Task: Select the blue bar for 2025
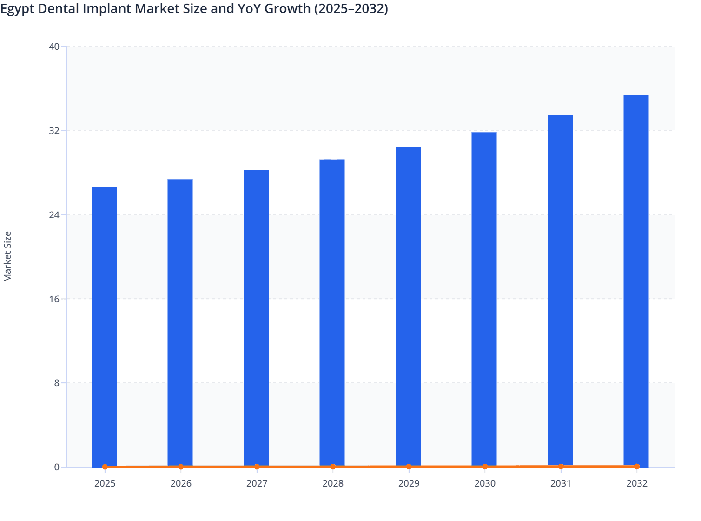click(x=104, y=326)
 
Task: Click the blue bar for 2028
click(x=332, y=312)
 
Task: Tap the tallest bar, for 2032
click(x=636, y=279)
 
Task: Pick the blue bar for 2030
click(x=484, y=298)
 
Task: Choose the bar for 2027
click(x=256, y=316)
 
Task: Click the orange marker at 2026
click(x=181, y=467)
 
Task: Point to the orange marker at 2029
click(x=409, y=467)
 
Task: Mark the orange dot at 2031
click(x=561, y=466)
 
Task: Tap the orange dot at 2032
click(x=636, y=466)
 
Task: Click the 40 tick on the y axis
click(x=54, y=47)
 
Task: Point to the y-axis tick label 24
click(x=54, y=215)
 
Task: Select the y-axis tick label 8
click(x=57, y=383)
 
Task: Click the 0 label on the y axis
click(x=57, y=467)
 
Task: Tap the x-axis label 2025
click(x=105, y=483)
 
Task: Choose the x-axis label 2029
click(x=409, y=483)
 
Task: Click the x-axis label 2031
click(x=561, y=483)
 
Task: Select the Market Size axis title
click(x=7, y=256)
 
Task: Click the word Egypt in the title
click(x=17, y=9)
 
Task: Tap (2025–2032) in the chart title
click(x=351, y=9)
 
